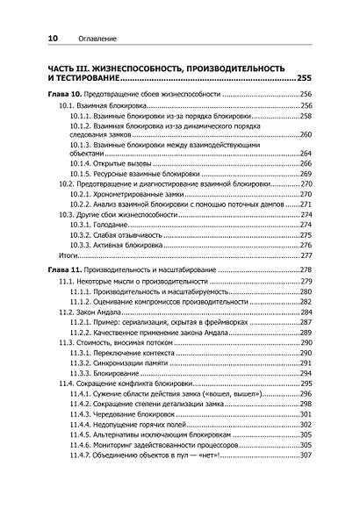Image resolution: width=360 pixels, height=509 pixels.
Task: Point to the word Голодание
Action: point(123,224)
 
